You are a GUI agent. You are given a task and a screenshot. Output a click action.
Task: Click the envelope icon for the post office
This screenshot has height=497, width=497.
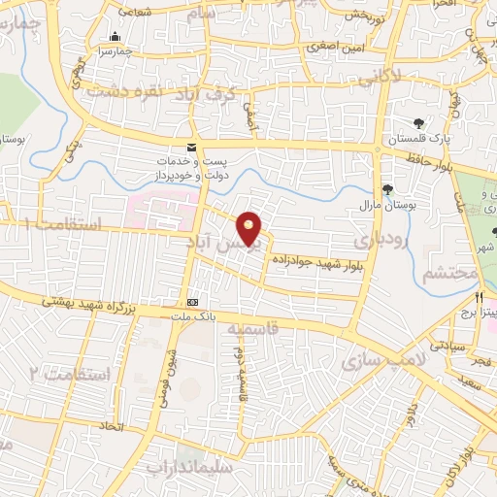point(191,145)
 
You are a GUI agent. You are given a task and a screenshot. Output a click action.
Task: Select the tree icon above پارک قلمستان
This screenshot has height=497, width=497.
point(418,123)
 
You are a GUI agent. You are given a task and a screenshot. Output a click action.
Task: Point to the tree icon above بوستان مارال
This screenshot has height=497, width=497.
point(388,189)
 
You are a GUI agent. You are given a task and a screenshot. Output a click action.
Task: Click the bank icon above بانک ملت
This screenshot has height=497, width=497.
point(192,301)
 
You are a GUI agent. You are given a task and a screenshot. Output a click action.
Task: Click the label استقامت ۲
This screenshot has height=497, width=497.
point(70,373)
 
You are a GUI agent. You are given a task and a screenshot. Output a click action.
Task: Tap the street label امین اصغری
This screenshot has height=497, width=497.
point(333,46)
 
